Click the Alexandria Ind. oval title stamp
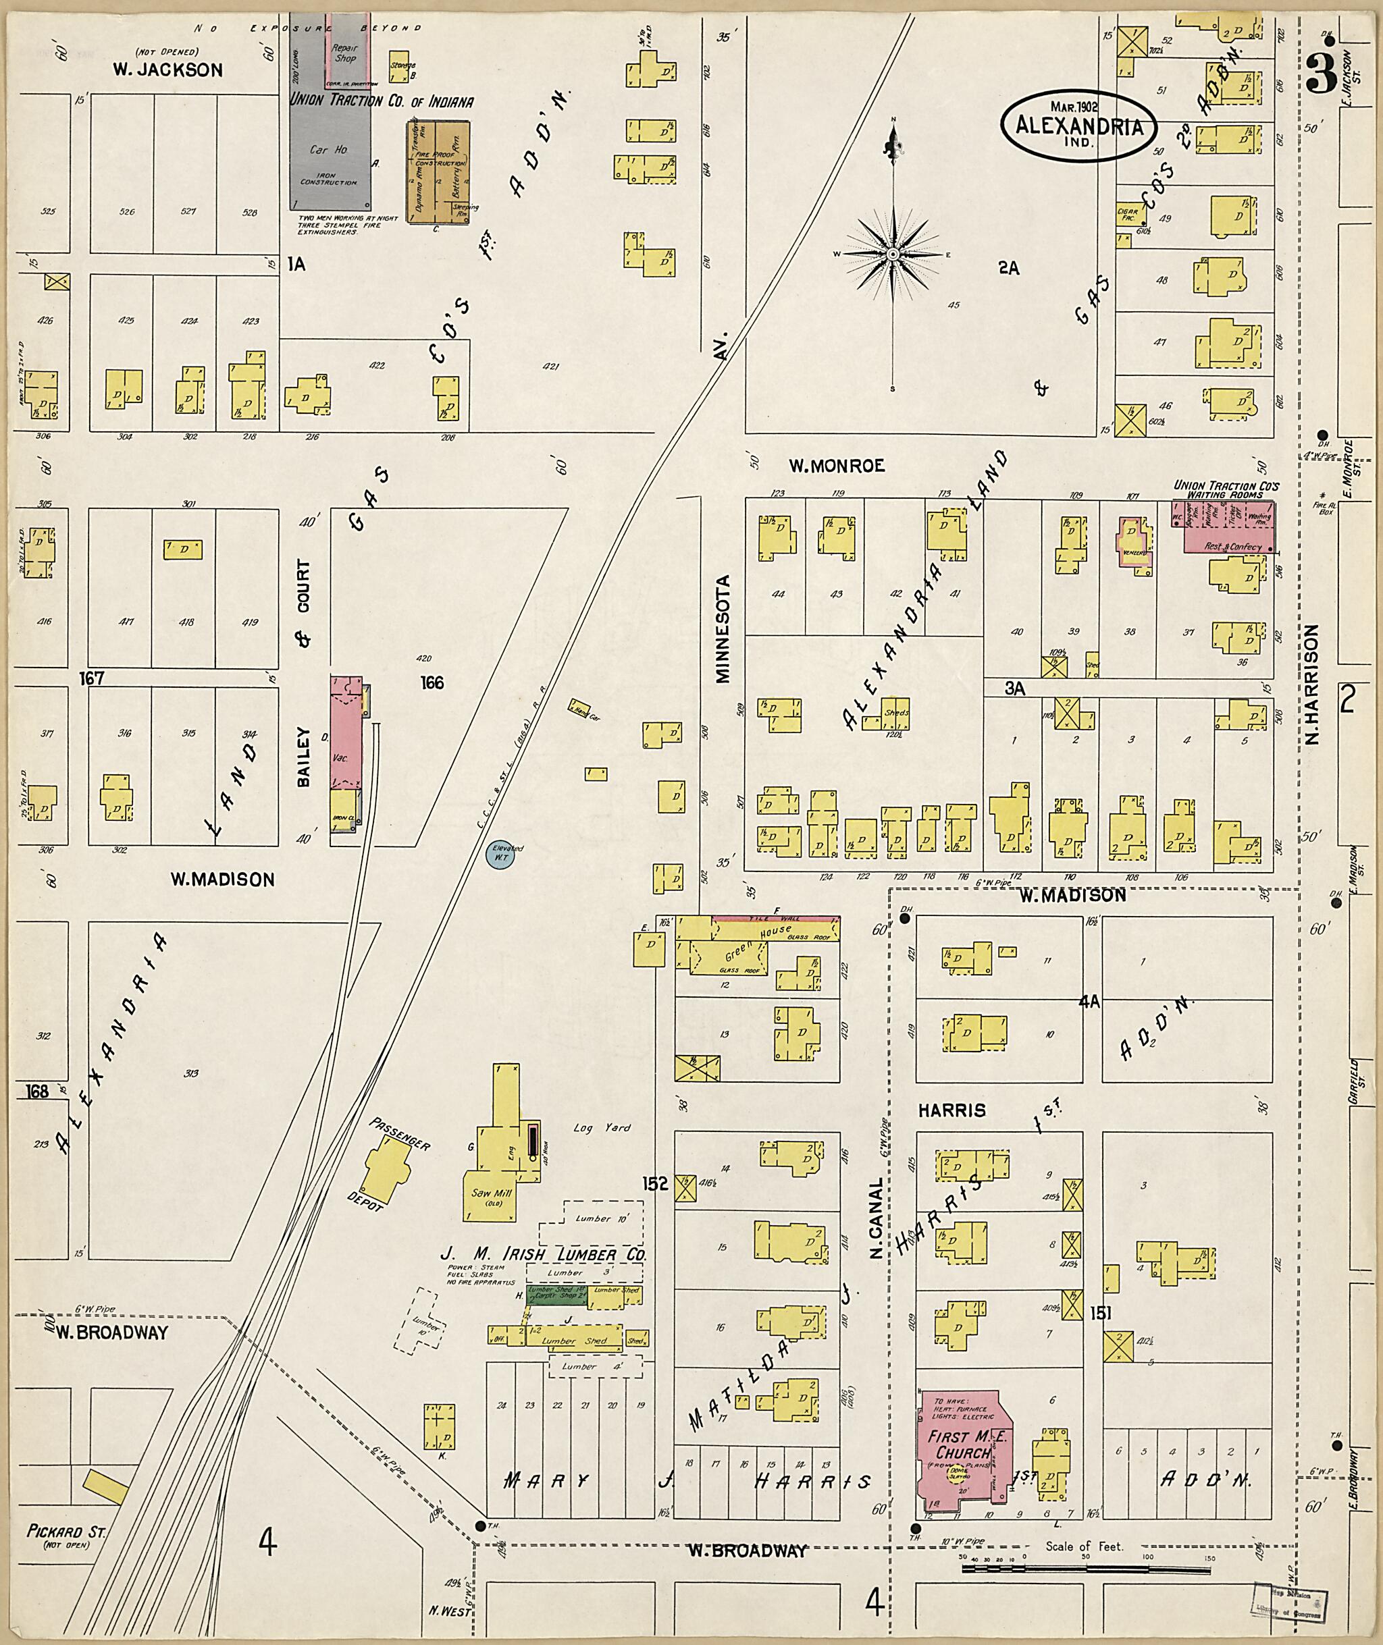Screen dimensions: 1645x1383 click(1079, 126)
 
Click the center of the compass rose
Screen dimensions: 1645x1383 click(893, 255)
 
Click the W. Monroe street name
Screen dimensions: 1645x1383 click(836, 466)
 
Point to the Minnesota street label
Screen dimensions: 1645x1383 click(722, 629)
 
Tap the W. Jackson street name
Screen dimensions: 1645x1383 click(167, 70)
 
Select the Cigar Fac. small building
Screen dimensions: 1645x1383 click(1126, 213)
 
